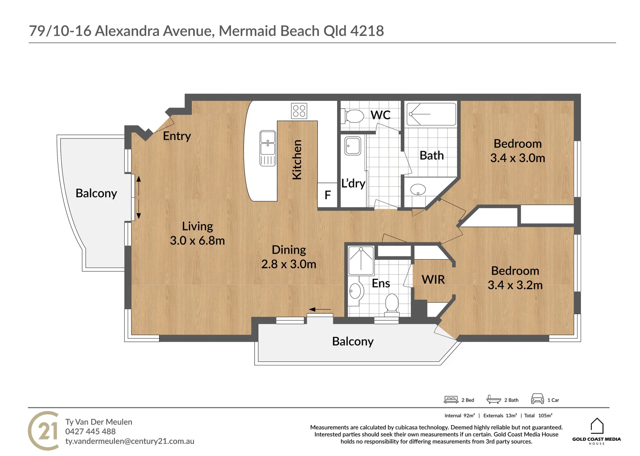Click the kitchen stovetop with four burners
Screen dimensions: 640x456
[x=299, y=111]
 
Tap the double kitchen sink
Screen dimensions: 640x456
[x=268, y=148]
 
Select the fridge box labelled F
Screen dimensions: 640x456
[x=328, y=195]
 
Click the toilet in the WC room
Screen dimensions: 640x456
[x=352, y=116]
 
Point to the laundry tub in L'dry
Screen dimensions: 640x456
[x=353, y=146]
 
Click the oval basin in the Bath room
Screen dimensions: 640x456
[x=418, y=189]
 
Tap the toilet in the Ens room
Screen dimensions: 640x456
[x=392, y=304]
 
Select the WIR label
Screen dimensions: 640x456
[x=433, y=280]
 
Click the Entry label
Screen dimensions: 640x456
[x=177, y=136]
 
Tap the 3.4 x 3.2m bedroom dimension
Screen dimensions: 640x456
[x=515, y=285]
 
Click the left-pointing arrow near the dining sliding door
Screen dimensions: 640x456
[x=320, y=309]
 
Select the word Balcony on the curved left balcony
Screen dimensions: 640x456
[x=96, y=194]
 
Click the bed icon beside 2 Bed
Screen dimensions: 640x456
[x=451, y=399]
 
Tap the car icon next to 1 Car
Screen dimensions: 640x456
[x=537, y=399]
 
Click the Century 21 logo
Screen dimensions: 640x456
[x=44, y=431]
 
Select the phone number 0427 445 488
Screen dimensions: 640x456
[x=90, y=432]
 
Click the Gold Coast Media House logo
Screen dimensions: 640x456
[x=596, y=431]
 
